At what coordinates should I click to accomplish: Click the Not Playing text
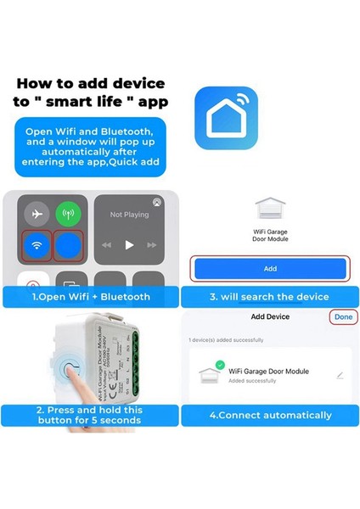(x=129, y=215)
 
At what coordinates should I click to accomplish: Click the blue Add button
(x=269, y=268)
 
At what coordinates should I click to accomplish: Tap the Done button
(x=343, y=316)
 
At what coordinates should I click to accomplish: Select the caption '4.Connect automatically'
(x=270, y=415)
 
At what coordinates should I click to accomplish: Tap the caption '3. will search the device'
(x=270, y=296)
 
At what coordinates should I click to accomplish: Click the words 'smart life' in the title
(x=93, y=100)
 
